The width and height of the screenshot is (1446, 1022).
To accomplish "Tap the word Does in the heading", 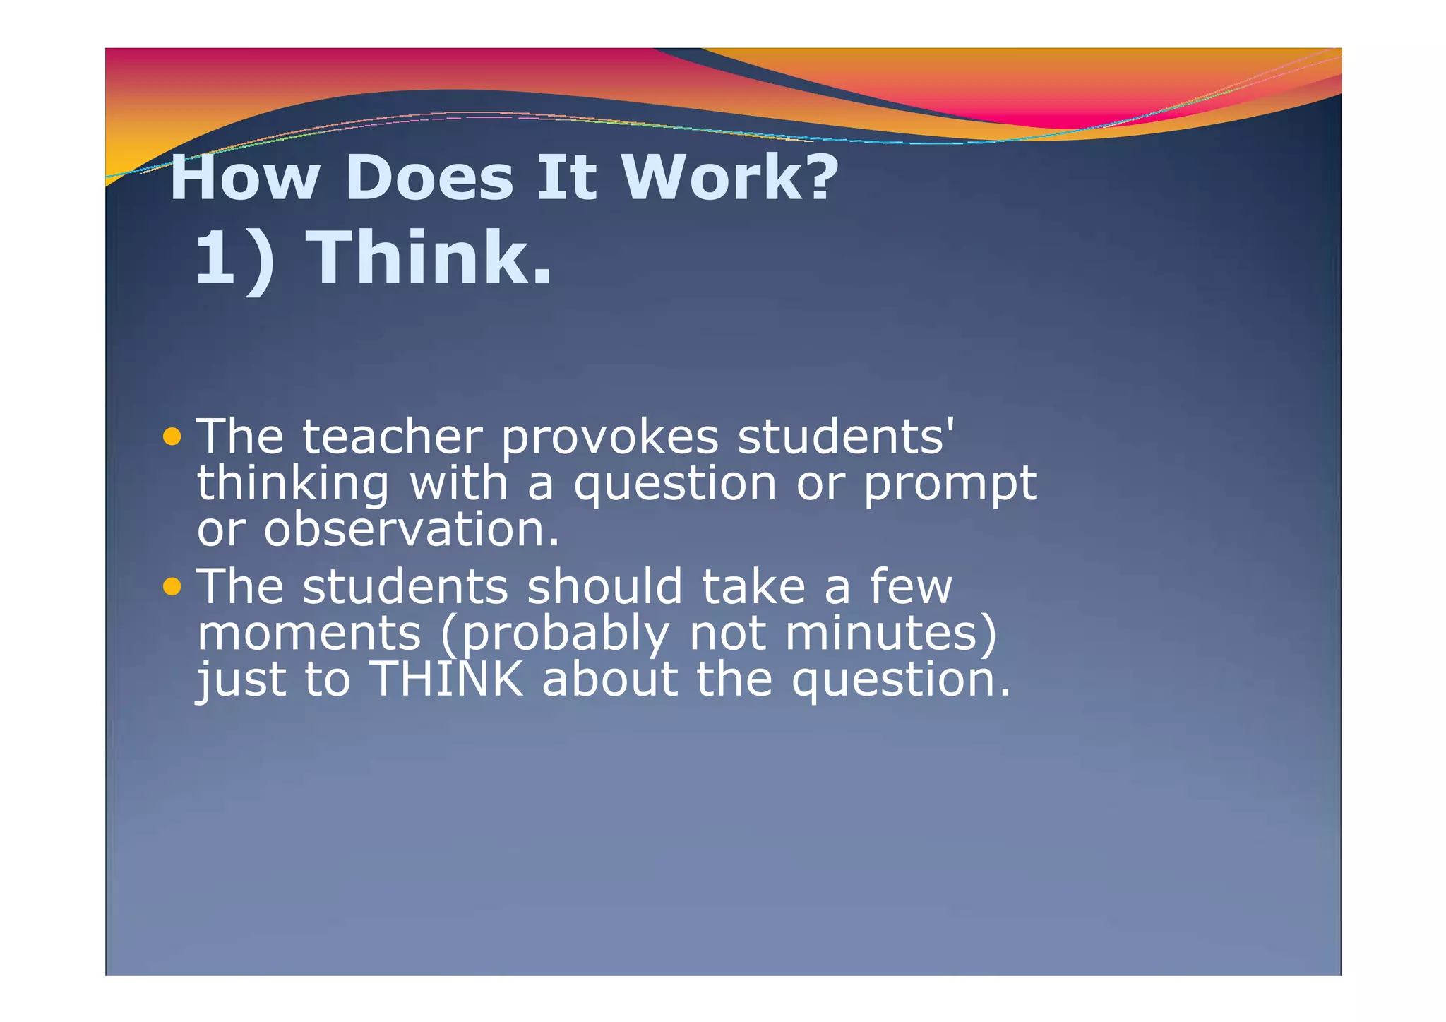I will click(429, 178).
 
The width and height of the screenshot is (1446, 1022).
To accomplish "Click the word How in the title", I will click(244, 178).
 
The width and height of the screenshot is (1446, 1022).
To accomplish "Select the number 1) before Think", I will click(234, 259).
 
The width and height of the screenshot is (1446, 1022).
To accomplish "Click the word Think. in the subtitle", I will click(431, 259).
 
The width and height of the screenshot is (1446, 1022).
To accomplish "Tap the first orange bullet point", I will click(172, 436).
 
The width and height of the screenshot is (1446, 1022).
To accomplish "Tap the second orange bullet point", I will click(172, 586).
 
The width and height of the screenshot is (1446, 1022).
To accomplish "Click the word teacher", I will click(392, 437).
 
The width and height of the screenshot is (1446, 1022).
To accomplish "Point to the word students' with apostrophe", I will click(845, 437).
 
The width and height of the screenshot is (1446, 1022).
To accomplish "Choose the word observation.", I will click(412, 530).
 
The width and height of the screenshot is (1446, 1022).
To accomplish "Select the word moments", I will click(309, 634).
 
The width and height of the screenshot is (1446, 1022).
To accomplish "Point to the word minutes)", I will click(890, 634).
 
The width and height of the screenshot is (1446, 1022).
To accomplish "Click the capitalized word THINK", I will click(447, 679).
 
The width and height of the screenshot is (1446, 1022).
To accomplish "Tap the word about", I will click(609, 679).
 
